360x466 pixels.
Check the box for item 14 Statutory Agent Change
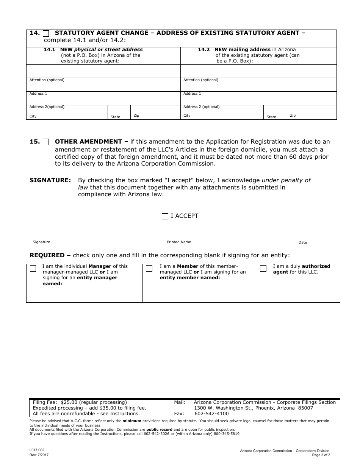click(x=46, y=33)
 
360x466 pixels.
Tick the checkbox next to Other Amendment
click(x=46, y=142)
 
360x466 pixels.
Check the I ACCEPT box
click(x=165, y=216)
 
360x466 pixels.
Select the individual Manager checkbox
click(x=33, y=269)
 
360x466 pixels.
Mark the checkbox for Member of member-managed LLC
click(x=149, y=269)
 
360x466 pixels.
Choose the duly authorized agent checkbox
click(x=263, y=269)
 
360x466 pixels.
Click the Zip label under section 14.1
click(x=136, y=116)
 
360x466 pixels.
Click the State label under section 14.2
click(x=271, y=117)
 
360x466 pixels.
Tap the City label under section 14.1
click(x=33, y=116)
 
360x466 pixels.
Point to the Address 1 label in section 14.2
click(x=192, y=94)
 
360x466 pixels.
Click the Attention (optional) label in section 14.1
click(x=47, y=80)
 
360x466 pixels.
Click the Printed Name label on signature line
click(x=179, y=242)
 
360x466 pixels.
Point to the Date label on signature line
click(x=303, y=242)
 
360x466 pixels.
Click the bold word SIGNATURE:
click(x=50, y=180)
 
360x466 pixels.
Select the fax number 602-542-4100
click(x=211, y=414)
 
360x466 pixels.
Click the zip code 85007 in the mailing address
click(x=305, y=408)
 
